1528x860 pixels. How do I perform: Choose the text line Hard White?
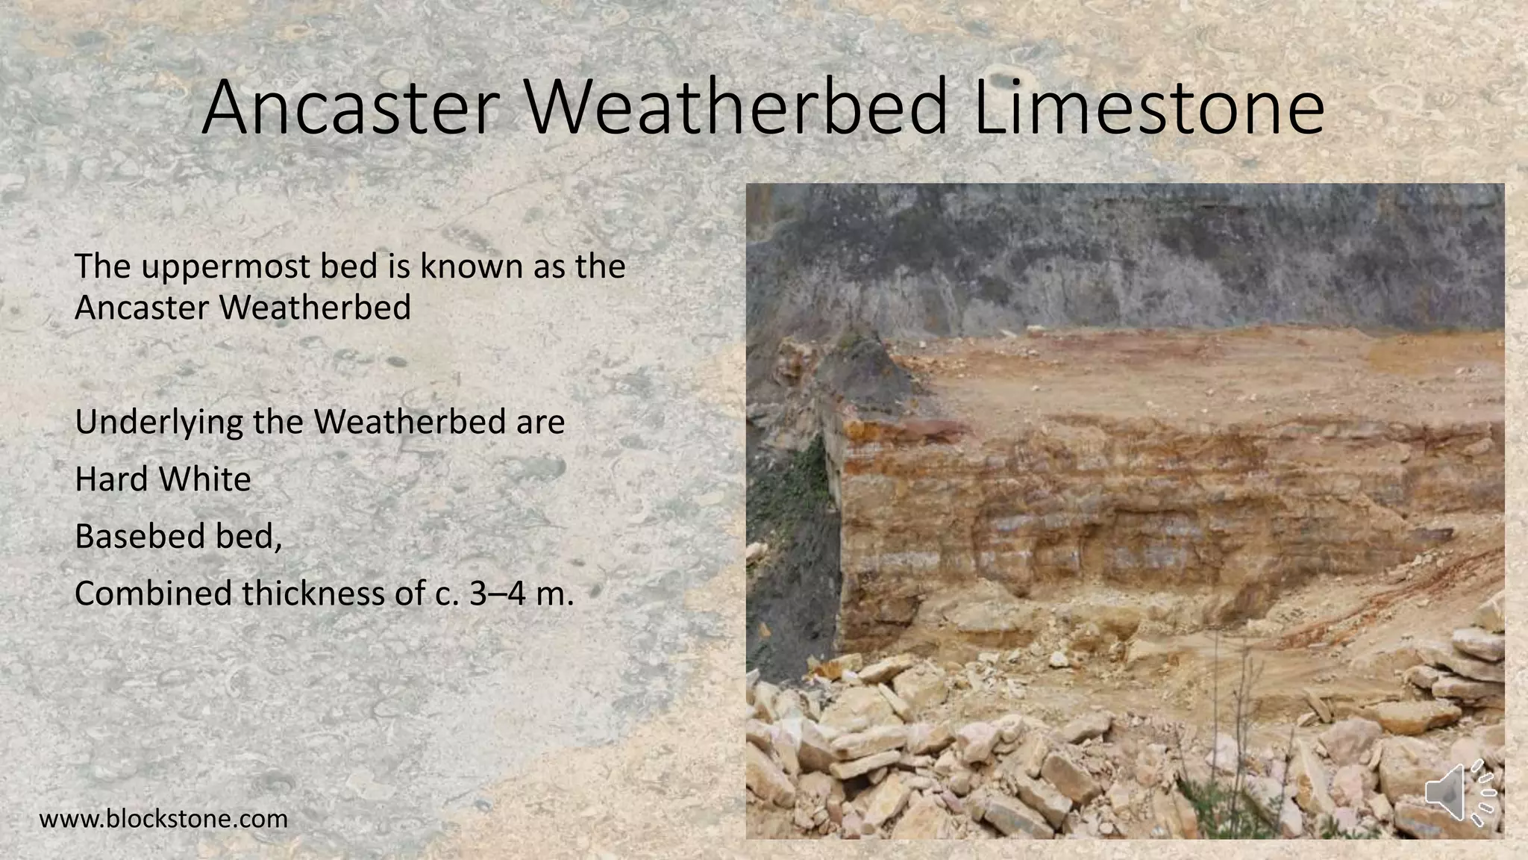pyautogui.click(x=163, y=479)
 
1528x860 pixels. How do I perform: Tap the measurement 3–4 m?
pyautogui.click(x=522, y=593)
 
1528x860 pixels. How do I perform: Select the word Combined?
pyautogui.click(x=154, y=594)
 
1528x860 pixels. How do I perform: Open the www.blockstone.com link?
pyautogui.click(x=163, y=819)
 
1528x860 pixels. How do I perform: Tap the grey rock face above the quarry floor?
pyautogui.click(x=1119, y=261)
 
